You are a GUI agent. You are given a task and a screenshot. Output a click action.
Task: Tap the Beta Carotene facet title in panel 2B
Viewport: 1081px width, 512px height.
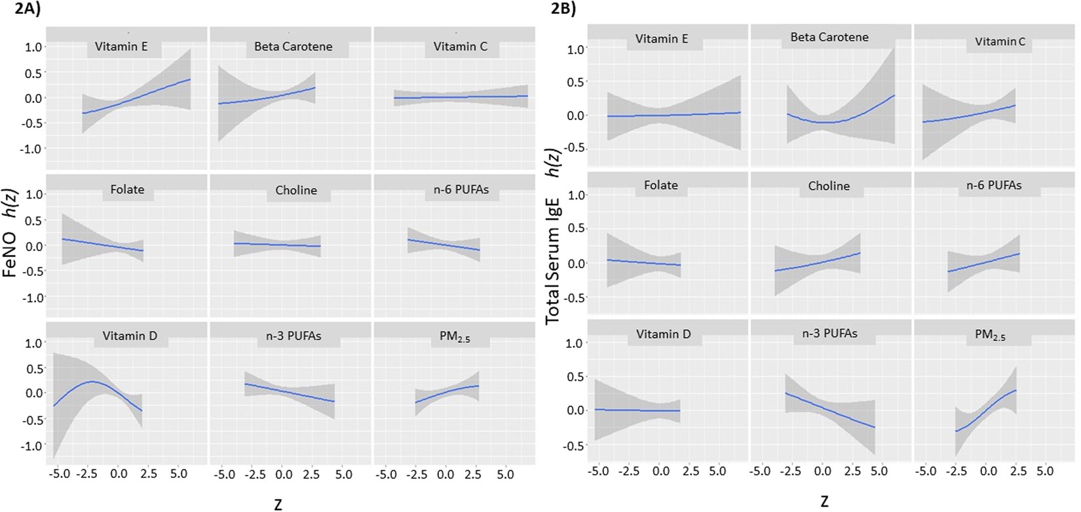click(x=829, y=37)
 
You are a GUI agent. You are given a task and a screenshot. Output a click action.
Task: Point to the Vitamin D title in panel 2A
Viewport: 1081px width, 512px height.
click(x=130, y=336)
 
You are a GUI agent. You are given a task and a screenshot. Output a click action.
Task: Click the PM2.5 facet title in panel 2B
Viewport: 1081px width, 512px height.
click(x=989, y=335)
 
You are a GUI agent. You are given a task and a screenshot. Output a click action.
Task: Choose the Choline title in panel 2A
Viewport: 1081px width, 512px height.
click(x=296, y=190)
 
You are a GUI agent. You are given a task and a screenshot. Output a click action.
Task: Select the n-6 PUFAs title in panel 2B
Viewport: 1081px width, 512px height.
click(x=993, y=186)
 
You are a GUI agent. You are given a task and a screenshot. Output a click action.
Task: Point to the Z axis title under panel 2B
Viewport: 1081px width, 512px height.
click(x=824, y=502)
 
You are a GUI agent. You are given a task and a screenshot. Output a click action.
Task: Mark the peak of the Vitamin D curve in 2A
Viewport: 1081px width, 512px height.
click(x=92, y=381)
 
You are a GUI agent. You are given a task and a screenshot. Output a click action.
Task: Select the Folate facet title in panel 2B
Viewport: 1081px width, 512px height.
click(x=660, y=186)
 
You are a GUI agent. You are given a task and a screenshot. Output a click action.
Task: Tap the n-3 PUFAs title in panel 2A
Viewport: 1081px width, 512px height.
click(x=296, y=336)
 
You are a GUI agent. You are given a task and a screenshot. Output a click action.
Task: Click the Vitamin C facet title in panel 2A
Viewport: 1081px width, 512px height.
click(x=461, y=47)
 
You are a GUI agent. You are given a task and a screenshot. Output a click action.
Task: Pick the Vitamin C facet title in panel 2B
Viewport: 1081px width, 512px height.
click(x=1000, y=42)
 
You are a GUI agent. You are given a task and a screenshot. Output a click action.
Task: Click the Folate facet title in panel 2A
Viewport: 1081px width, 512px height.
click(x=127, y=189)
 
